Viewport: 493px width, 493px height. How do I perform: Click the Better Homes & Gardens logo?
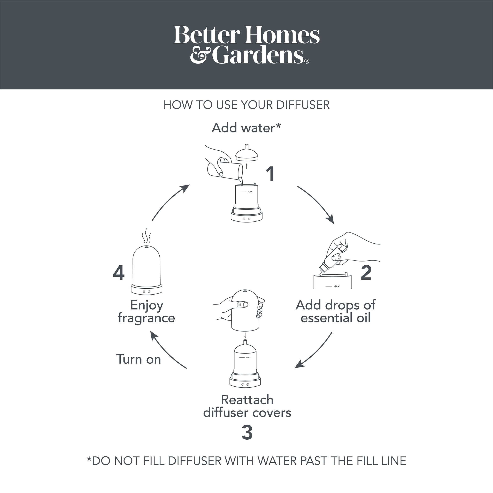click(x=246, y=45)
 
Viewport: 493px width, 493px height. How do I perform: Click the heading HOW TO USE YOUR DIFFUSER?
click(x=246, y=105)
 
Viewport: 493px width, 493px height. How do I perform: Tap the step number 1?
click(x=270, y=174)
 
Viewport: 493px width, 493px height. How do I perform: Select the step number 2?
click(x=366, y=273)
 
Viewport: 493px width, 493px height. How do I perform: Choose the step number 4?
click(x=119, y=273)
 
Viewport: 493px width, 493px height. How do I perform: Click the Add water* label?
click(x=246, y=128)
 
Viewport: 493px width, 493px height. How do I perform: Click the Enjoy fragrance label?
click(x=146, y=312)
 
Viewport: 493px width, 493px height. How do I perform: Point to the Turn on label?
click(x=139, y=359)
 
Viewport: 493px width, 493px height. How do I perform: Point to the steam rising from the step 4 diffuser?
click(x=146, y=236)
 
